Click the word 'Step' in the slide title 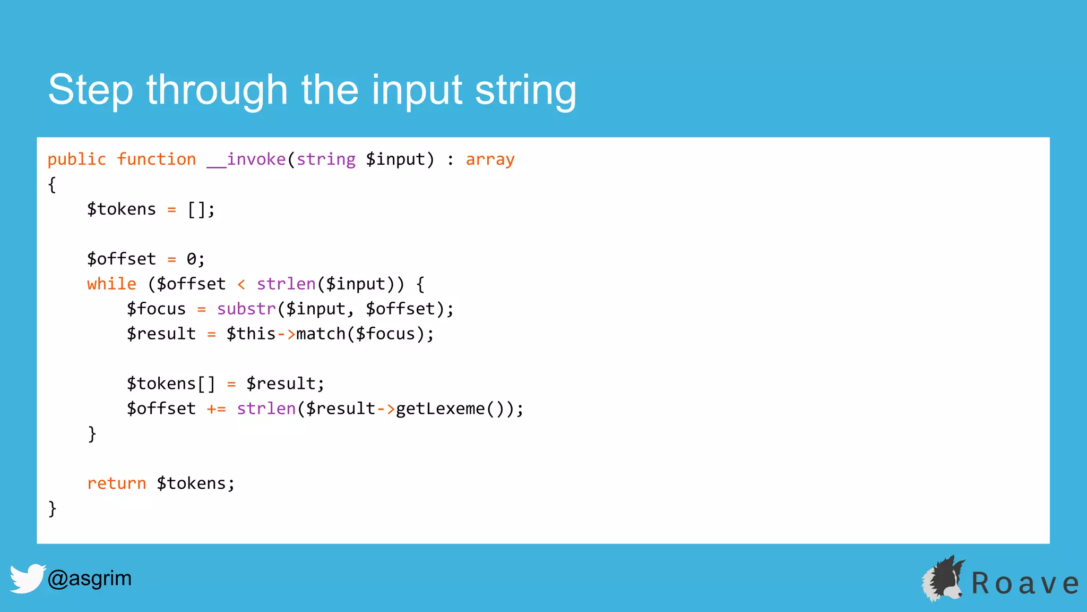point(90,90)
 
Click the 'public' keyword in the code point(77,159)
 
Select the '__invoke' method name point(246,159)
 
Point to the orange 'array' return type point(490,159)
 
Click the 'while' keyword point(111,284)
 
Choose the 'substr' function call point(246,309)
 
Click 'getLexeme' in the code point(440,409)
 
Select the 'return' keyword point(116,483)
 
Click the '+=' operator point(216,409)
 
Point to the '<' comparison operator point(241,284)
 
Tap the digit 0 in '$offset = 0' point(191,259)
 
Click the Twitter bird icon point(27,578)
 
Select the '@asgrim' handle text point(89,578)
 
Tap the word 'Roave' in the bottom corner point(1024,583)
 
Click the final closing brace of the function point(52,508)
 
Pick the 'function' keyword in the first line point(157,159)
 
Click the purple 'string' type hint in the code point(326,159)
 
